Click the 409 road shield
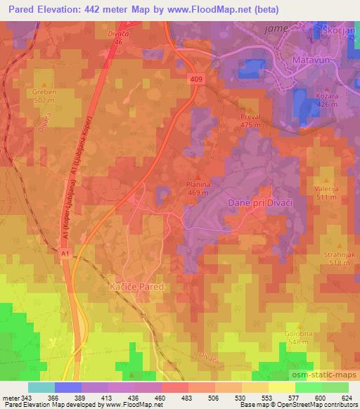pos(198,81)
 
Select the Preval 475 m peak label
pos(250,120)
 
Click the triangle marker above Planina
pos(199,176)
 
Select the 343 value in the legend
pos(24,397)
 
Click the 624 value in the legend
pos(347,397)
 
